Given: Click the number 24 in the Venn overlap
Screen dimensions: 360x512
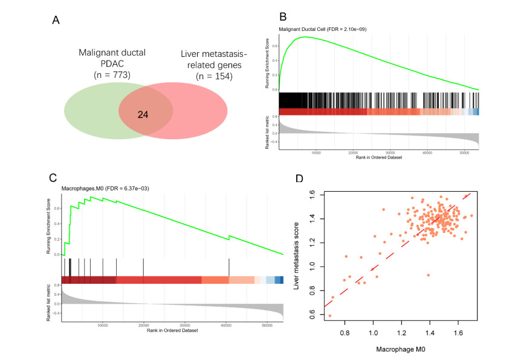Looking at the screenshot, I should (x=143, y=114).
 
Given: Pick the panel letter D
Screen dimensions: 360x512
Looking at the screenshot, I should (x=298, y=179).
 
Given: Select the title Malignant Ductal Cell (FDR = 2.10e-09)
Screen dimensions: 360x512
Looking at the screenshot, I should (x=323, y=28).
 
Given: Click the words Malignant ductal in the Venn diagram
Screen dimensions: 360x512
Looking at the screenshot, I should (x=112, y=52).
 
